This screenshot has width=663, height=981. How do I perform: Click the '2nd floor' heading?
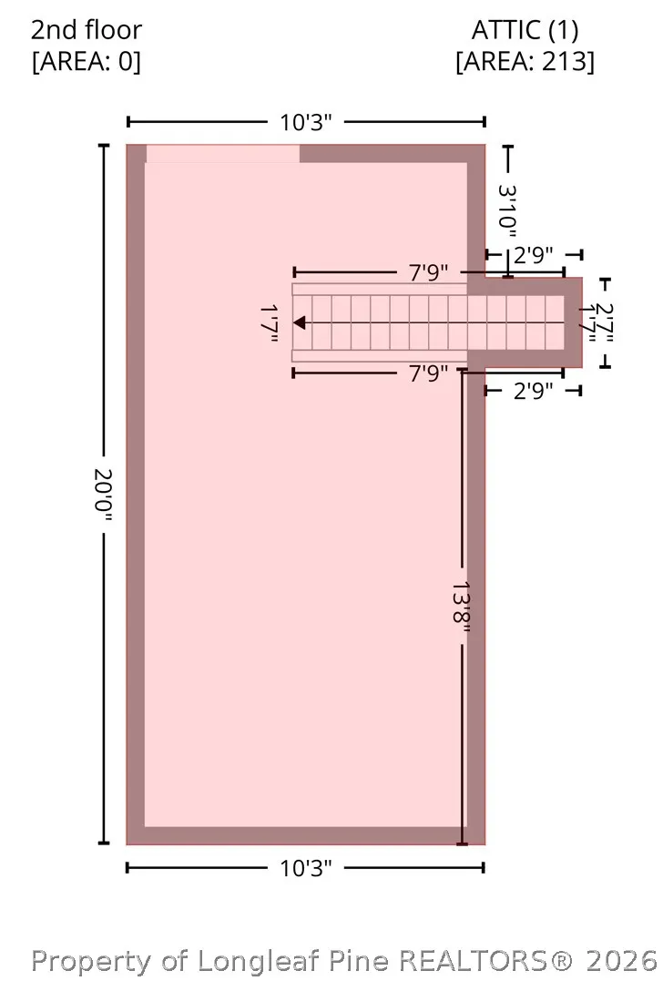point(87,30)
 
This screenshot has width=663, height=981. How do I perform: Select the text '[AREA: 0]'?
point(87,61)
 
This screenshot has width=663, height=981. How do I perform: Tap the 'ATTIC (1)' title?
point(525,30)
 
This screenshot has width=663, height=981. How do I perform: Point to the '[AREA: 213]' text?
point(525,61)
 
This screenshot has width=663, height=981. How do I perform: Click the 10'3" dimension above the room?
point(305,122)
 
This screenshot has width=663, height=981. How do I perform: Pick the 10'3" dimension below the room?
point(305,868)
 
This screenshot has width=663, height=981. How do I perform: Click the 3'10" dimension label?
point(507,210)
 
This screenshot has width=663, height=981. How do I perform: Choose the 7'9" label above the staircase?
point(428,272)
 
